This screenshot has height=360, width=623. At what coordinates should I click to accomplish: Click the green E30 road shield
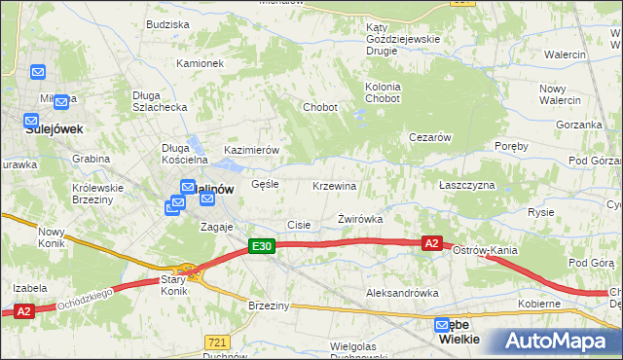[x=261, y=247]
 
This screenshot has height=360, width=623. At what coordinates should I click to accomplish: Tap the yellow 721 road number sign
[x=218, y=342]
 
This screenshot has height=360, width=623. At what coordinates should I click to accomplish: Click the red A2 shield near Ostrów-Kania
[x=432, y=243]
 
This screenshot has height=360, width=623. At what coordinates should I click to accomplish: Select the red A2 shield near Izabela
[x=24, y=311]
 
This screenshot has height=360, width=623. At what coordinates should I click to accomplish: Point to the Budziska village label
[x=167, y=23]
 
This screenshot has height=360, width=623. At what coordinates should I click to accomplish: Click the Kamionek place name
[x=200, y=63]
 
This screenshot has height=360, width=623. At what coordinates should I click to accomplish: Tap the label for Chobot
[x=320, y=107]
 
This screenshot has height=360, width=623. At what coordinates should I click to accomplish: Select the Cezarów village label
[x=429, y=137]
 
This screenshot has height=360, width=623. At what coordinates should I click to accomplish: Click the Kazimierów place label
[x=252, y=151]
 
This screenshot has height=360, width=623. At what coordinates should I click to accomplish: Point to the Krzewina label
[x=335, y=186]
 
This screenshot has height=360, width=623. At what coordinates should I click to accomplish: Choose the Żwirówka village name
[x=360, y=220]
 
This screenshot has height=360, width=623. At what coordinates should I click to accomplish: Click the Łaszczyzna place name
[x=467, y=185]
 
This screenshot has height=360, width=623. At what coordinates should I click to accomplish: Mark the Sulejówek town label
[x=55, y=127]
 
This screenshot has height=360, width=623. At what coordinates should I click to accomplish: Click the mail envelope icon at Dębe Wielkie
[x=444, y=326]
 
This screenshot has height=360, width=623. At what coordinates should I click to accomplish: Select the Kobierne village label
[x=538, y=304]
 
